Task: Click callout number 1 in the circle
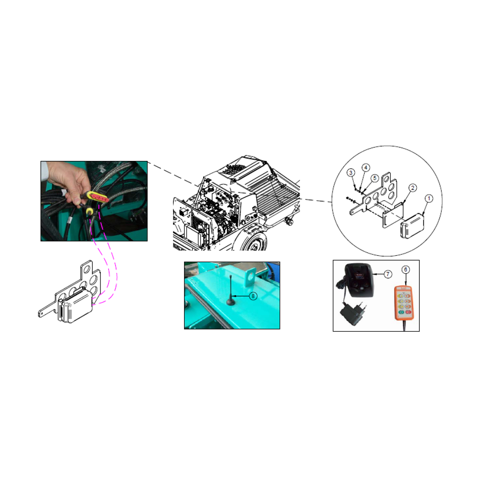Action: [x=429, y=199]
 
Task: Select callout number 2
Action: [x=413, y=187]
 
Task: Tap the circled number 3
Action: [x=351, y=173]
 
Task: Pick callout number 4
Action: [x=366, y=168]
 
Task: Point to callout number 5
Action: [x=374, y=178]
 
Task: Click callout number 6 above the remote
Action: [x=405, y=270]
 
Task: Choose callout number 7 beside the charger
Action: [x=388, y=274]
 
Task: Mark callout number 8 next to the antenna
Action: [x=253, y=296]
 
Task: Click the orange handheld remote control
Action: [x=403, y=303]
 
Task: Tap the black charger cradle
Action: [x=360, y=280]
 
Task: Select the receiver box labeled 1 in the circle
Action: [x=412, y=225]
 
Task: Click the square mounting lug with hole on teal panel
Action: [x=250, y=277]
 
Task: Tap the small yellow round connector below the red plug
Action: [x=90, y=212]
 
